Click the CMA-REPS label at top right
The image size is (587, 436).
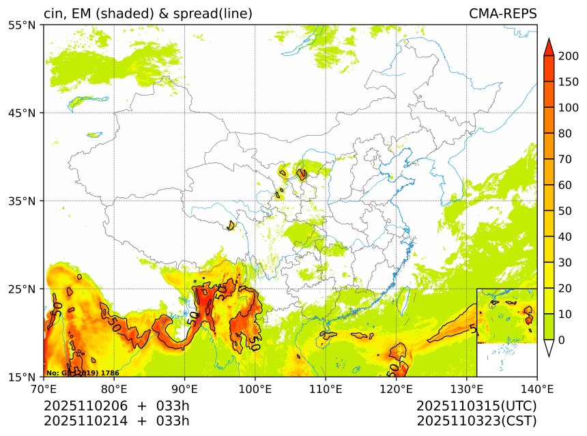(x=502, y=14)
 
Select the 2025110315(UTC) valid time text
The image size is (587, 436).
(x=476, y=406)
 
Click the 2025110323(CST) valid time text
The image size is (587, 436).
(x=476, y=420)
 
